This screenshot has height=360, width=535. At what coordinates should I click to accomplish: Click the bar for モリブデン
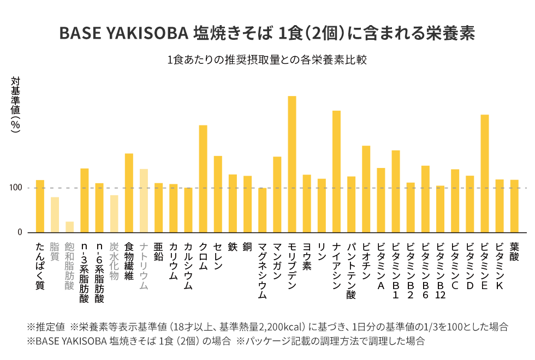click(292, 164)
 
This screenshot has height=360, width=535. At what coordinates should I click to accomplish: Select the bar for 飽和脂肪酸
click(69, 227)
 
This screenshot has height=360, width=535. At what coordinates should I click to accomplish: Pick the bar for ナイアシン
click(336, 171)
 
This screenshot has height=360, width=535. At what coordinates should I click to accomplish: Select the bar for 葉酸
click(514, 206)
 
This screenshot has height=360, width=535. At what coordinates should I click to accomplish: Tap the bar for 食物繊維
click(129, 193)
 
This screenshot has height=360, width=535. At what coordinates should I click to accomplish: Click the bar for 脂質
click(55, 215)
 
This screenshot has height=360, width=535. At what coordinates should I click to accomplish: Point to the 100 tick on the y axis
click(15, 188)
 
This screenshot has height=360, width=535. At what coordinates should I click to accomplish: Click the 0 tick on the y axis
click(19, 232)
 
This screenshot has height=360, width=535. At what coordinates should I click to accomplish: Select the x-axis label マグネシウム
click(263, 271)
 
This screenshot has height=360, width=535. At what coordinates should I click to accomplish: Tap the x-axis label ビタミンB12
click(441, 271)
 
